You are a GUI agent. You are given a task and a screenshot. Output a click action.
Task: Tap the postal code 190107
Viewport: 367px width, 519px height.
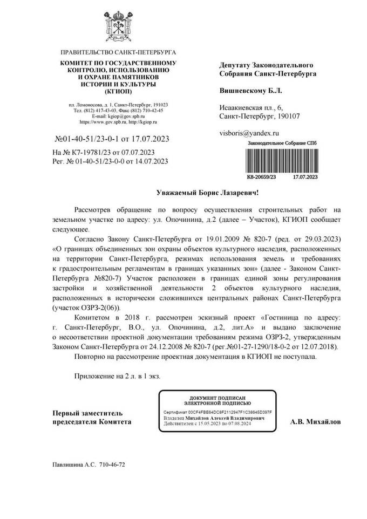tap(288, 116)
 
